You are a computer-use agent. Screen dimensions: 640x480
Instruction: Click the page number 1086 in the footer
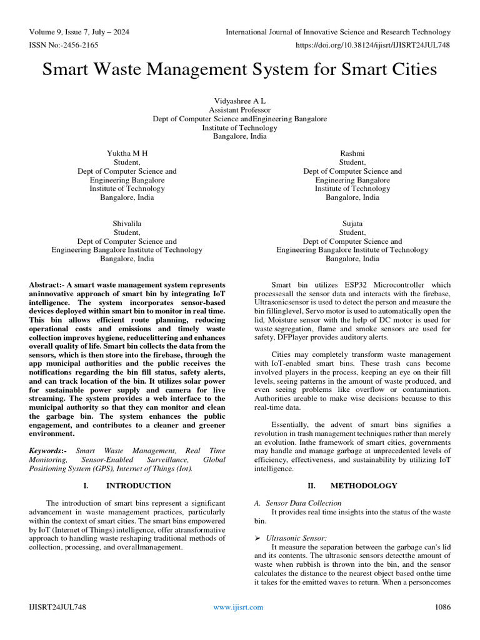tap(442, 607)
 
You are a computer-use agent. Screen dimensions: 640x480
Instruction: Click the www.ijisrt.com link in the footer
tap(238, 607)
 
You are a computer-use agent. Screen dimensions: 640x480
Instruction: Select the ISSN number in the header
tap(63, 44)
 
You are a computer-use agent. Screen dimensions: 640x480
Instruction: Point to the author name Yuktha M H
tap(127, 153)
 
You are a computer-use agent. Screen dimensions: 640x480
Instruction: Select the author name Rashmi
tap(352, 153)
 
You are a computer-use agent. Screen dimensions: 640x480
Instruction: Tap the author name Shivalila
tap(127, 224)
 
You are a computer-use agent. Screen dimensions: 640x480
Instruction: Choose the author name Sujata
tap(352, 224)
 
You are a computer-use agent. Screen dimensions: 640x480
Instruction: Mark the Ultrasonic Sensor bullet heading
tap(292, 537)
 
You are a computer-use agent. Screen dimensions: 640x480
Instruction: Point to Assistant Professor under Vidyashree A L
tap(239, 109)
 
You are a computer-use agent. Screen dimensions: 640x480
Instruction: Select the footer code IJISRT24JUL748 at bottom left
tap(58, 607)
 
